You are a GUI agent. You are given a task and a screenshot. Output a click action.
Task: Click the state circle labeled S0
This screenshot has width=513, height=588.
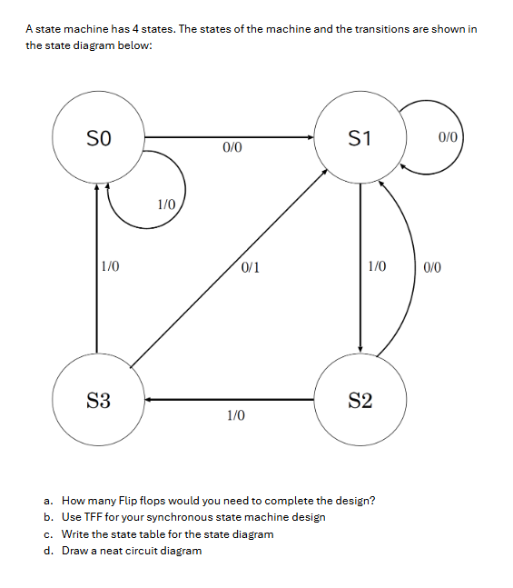[97, 139]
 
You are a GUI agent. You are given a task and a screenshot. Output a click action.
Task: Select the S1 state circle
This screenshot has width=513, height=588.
[360, 139]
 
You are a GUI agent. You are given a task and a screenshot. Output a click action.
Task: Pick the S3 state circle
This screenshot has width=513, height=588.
[98, 399]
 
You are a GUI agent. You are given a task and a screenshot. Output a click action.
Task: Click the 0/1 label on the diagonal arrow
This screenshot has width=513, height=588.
[252, 267]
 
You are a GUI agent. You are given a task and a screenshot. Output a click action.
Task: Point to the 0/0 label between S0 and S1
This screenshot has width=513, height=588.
[232, 146]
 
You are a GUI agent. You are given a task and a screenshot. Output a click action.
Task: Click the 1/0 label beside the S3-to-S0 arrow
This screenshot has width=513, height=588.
[111, 267]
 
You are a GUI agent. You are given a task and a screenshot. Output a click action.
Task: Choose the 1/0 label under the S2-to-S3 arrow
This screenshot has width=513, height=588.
[235, 415]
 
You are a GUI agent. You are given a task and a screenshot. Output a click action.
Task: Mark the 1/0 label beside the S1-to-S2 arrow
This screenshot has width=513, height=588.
[376, 267]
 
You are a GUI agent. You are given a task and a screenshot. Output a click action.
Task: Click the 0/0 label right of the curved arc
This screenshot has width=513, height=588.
[432, 267]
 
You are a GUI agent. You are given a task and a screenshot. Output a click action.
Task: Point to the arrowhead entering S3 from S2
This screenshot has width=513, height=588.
[144, 399]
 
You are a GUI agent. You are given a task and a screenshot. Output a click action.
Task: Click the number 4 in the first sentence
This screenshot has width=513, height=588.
[137, 29]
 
